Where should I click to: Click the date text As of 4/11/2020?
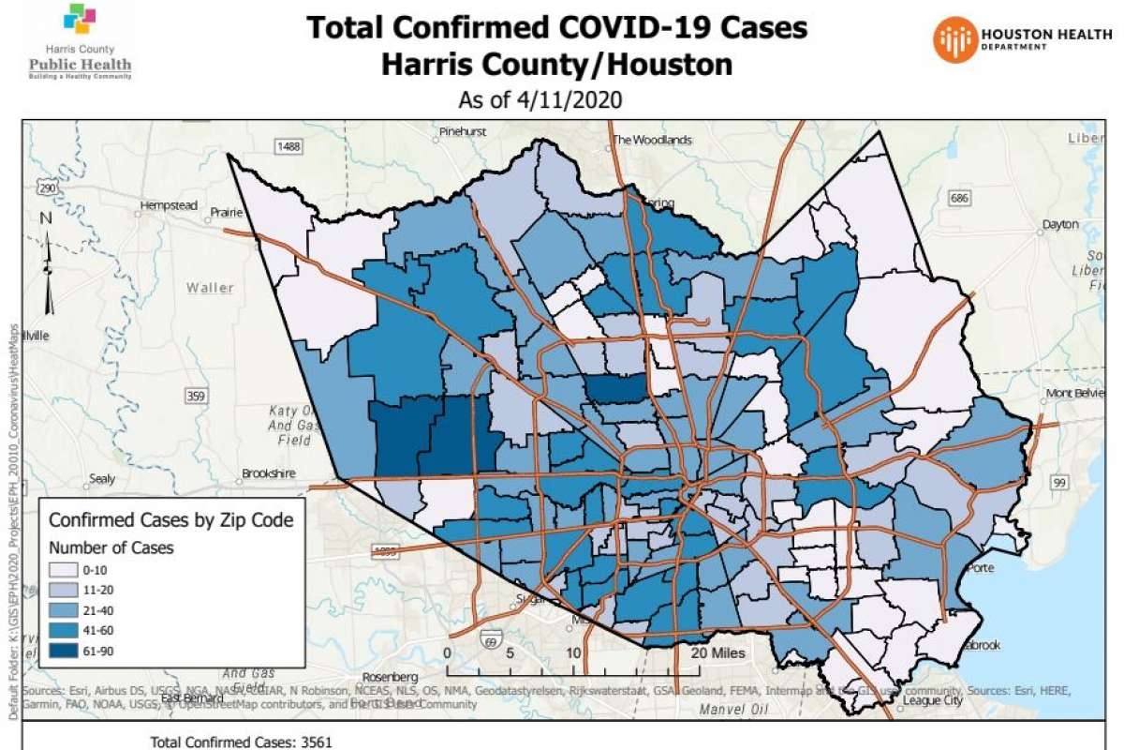[x=540, y=98]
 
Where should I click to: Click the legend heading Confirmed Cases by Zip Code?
[x=171, y=519]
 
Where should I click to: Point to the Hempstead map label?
[x=169, y=204]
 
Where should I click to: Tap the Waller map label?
[x=210, y=288]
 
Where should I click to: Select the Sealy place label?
[x=100, y=478]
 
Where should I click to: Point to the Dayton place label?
[x=1061, y=225]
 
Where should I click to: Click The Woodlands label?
[x=652, y=140]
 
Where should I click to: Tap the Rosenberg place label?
[x=389, y=677]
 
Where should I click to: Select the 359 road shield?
[x=196, y=397]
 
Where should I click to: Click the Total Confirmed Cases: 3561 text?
[x=241, y=742]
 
